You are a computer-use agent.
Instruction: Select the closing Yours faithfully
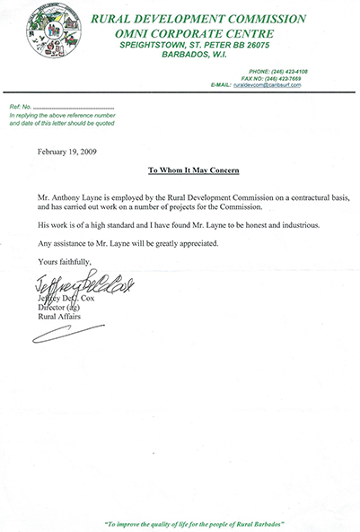coord(66,262)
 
